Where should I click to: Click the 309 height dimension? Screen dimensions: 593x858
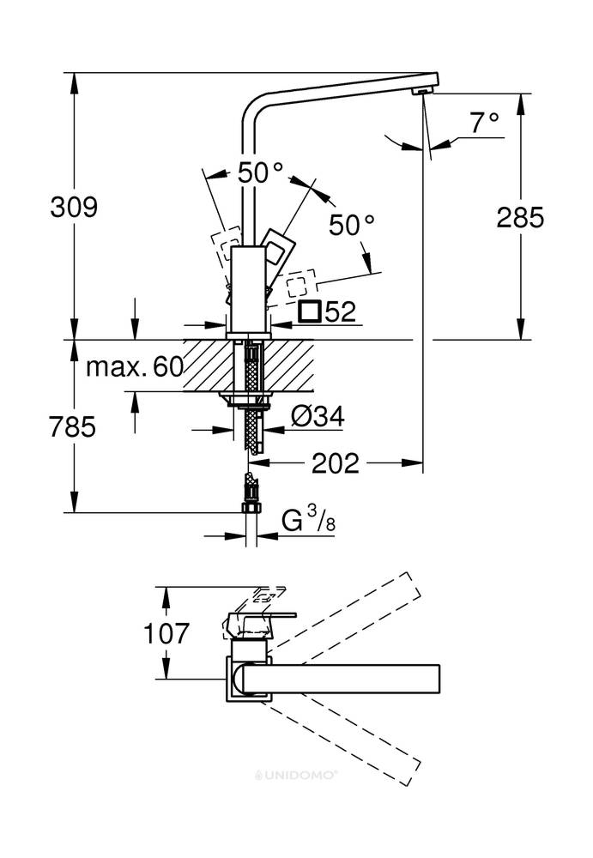[x=73, y=207]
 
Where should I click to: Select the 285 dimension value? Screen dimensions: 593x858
[x=520, y=217]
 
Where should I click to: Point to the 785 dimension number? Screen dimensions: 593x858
[x=73, y=426]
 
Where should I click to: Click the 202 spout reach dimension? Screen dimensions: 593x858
[x=335, y=463]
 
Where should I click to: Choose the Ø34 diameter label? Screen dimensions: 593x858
[x=318, y=418]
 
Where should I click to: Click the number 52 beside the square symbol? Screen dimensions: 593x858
[x=341, y=312]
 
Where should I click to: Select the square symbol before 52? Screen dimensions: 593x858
[x=310, y=311]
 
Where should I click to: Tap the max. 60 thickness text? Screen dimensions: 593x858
[x=135, y=366]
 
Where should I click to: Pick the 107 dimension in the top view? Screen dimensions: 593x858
[x=166, y=633]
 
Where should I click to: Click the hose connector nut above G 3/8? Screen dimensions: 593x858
[x=251, y=508]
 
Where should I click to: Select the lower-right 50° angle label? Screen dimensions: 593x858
[x=352, y=225]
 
